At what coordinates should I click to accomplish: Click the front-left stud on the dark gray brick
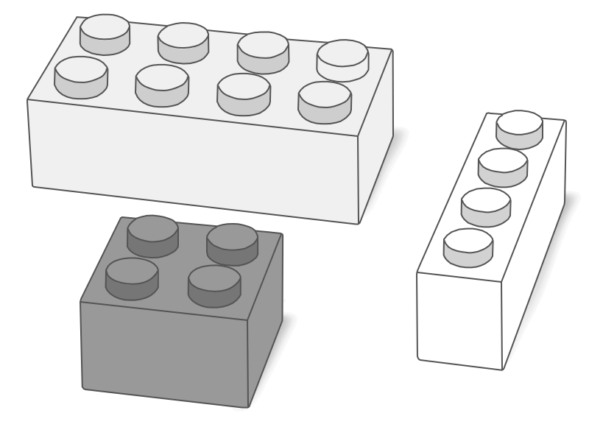(132, 277)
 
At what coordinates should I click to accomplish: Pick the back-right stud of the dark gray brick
(232, 242)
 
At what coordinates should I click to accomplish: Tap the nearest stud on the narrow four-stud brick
(468, 245)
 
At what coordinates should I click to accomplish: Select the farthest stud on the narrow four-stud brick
(520, 127)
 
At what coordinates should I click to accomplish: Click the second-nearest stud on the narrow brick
(486, 205)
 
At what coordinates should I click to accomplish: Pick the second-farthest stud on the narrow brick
(503, 165)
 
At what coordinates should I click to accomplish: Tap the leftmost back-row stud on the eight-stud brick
(105, 33)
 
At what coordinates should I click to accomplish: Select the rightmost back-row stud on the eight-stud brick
(343, 59)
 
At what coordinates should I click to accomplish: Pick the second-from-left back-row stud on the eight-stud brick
(183, 40)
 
